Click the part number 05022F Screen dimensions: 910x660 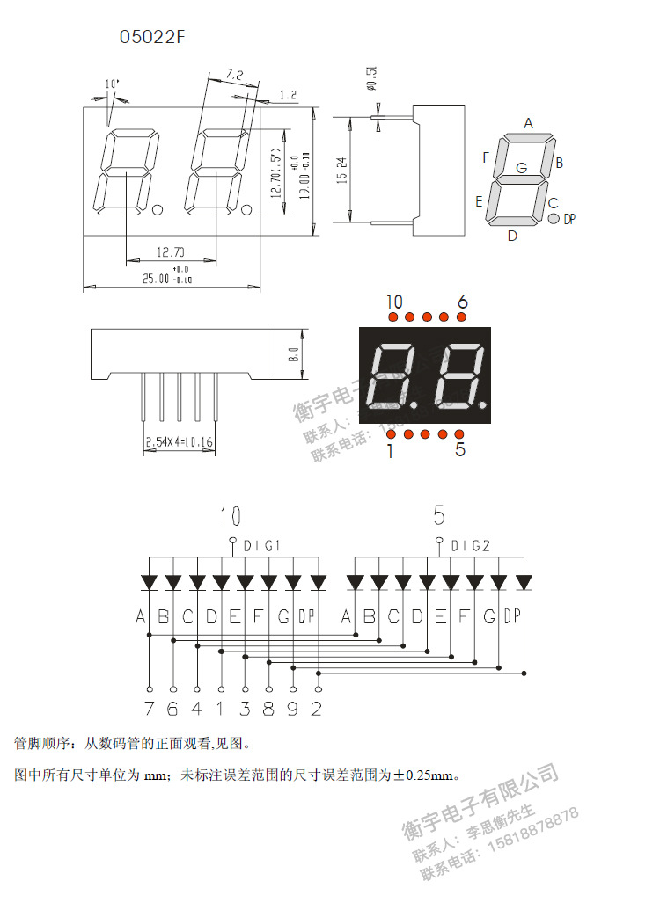point(153,37)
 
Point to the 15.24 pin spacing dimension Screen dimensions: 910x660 point(341,169)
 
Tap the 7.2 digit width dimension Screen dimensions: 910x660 point(234,74)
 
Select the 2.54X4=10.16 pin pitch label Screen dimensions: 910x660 point(179,441)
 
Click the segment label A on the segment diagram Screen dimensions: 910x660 point(529,123)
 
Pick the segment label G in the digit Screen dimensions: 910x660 point(522,167)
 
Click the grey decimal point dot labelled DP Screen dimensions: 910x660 point(554,218)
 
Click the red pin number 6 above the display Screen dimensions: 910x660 point(463,302)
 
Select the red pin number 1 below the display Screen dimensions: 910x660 point(390,450)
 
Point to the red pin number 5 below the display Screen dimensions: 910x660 point(460,450)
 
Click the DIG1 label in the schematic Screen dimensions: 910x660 point(260,546)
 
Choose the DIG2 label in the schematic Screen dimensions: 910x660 point(471,546)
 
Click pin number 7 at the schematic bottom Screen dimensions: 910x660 point(149,709)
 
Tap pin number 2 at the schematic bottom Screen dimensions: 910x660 point(317,709)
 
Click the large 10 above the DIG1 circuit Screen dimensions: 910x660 point(231,516)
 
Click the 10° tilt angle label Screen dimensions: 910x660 point(112,84)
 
